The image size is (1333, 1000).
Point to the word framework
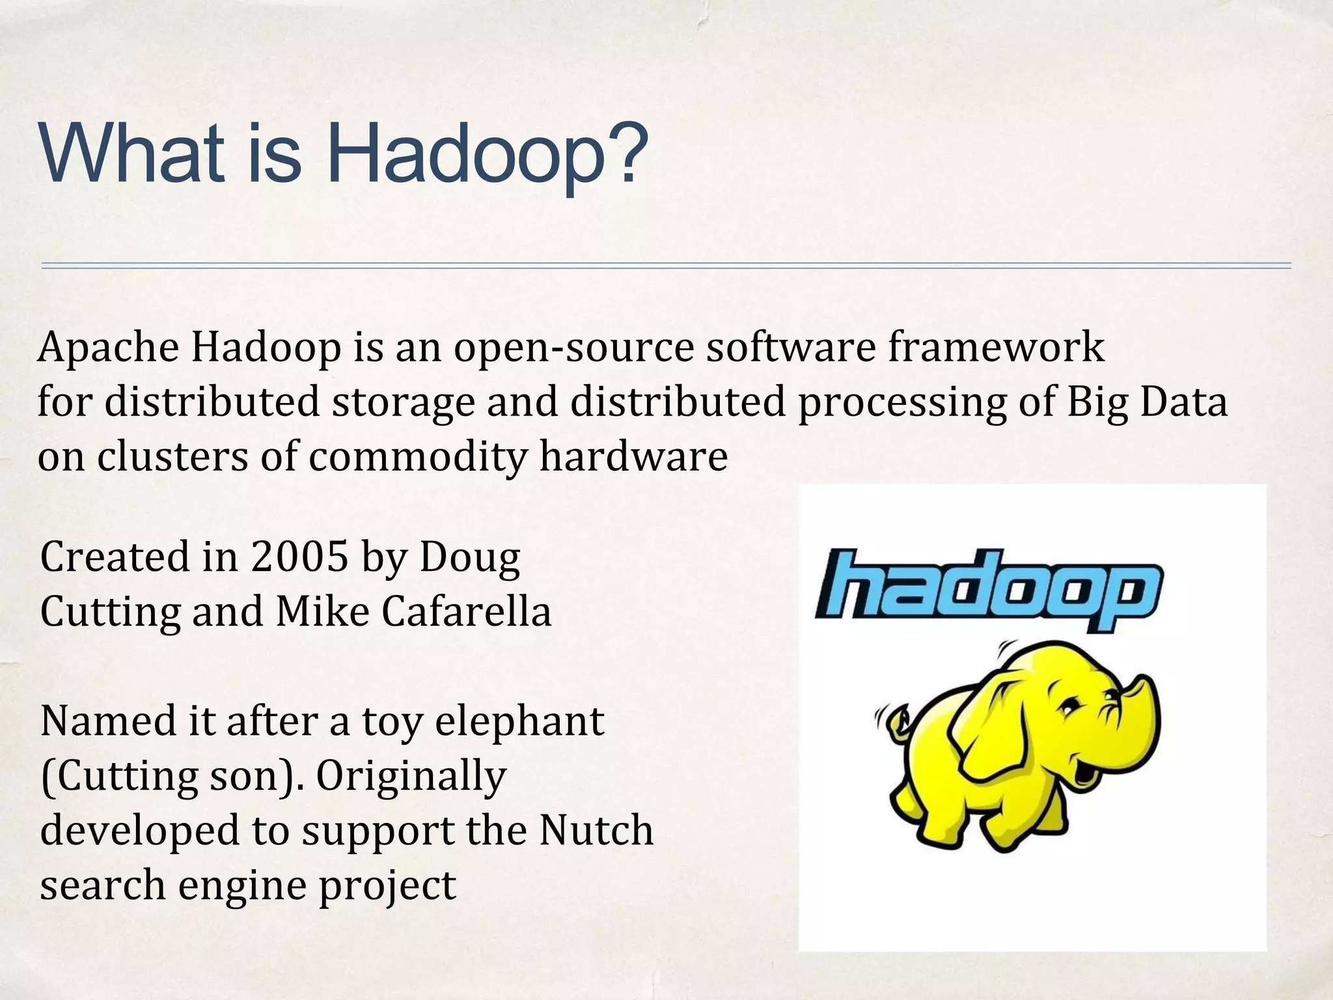[996, 348]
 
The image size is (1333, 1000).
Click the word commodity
[417, 457]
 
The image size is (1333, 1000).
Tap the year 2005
[300, 557]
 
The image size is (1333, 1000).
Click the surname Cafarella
[466, 612]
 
